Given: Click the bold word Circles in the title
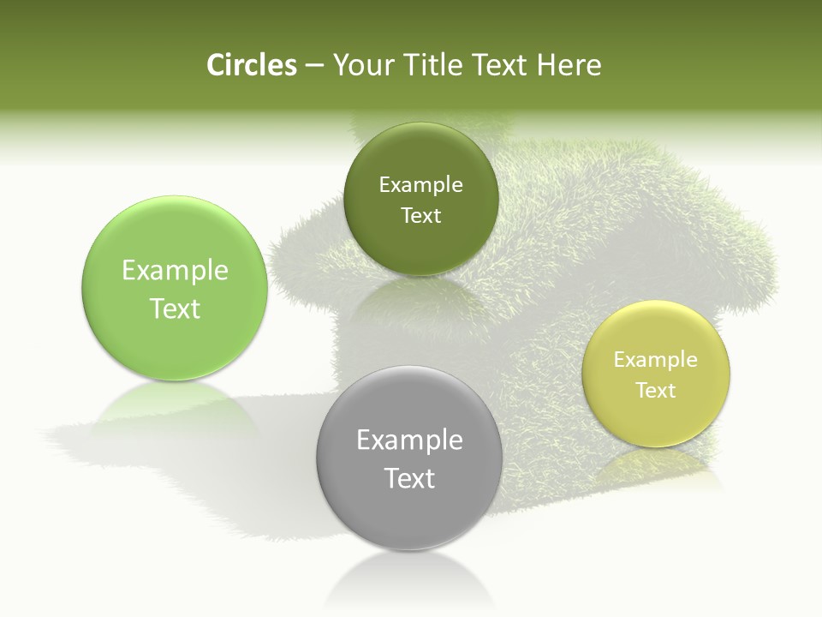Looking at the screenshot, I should [x=251, y=65].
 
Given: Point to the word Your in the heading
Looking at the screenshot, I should [x=358, y=65].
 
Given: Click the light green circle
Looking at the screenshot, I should [x=175, y=257].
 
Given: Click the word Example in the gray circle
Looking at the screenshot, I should [x=409, y=440].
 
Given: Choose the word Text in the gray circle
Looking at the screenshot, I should [x=409, y=478].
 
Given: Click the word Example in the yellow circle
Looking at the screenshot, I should [x=656, y=360].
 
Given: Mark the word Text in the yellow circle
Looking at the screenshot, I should [x=656, y=391].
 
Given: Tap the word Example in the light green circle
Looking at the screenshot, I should [x=175, y=271].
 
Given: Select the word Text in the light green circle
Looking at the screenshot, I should [x=175, y=308].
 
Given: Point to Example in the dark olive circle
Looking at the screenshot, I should [x=421, y=185].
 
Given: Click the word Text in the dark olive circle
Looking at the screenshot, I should [x=421, y=216].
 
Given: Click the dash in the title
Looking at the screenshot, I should [x=314, y=65].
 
